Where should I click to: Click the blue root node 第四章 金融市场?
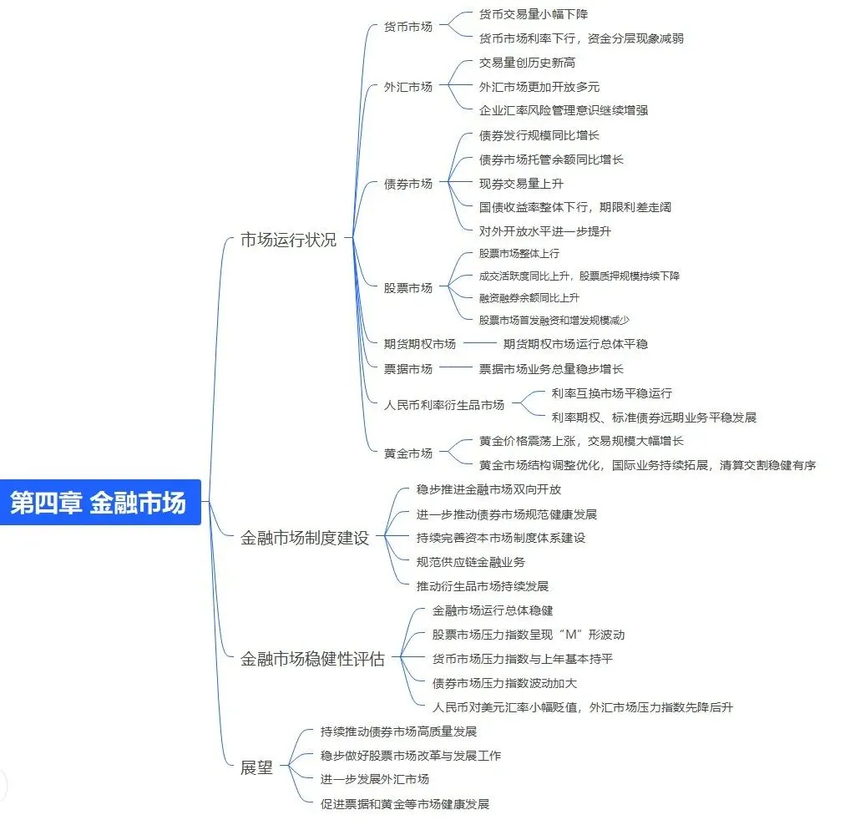point(99,503)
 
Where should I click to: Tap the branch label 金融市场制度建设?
point(304,538)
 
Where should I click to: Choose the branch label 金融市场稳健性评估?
point(312,659)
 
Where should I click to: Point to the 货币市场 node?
point(408,26)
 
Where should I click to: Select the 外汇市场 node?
point(408,86)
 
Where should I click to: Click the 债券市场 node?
point(408,183)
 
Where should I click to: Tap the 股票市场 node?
point(408,288)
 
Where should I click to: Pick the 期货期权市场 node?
point(420,343)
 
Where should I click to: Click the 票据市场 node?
point(408,368)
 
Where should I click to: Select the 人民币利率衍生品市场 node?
point(444,405)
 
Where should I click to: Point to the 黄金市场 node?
point(408,453)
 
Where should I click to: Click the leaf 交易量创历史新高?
point(527,63)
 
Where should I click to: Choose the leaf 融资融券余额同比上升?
point(529,297)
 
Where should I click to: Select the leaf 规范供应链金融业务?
point(470,562)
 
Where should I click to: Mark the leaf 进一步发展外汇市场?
point(375,779)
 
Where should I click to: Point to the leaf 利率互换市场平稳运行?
point(611,393)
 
